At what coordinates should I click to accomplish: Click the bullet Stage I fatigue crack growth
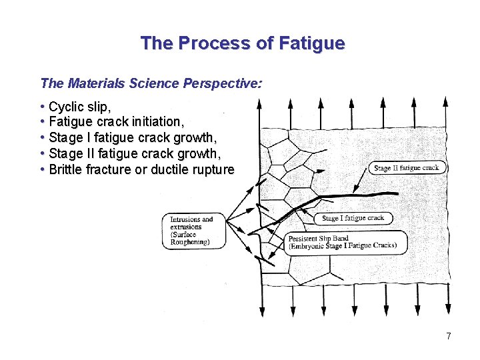click(133, 138)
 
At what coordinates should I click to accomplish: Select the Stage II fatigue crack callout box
click(407, 168)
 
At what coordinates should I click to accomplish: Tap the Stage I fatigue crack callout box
click(353, 218)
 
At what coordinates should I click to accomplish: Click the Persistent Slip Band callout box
click(344, 242)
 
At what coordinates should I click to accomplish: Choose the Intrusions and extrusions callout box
click(193, 231)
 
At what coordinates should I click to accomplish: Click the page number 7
click(449, 336)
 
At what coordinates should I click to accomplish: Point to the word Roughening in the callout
click(190, 242)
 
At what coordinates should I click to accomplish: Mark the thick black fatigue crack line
click(347, 196)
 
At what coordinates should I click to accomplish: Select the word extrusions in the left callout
click(186, 227)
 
